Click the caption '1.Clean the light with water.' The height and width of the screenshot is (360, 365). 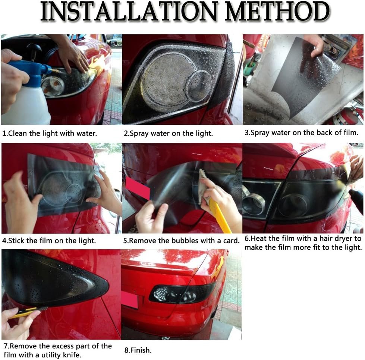[x=50, y=133]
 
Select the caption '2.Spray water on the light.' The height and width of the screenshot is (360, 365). [x=168, y=133]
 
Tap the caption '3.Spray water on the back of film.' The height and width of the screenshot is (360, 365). [x=301, y=133]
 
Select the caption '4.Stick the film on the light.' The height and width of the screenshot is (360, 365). [x=49, y=240]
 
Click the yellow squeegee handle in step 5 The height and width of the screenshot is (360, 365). [x=219, y=215]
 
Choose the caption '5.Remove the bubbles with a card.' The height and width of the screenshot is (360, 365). [x=181, y=241]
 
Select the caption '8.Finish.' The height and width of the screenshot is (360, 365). [x=138, y=350]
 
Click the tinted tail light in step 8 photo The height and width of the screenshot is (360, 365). [x=182, y=294]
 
